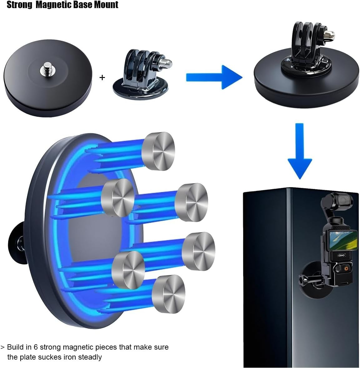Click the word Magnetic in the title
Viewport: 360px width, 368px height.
(x=54, y=4)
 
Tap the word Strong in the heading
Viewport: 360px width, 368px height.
(x=19, y=4)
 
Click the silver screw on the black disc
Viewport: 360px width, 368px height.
(x=48, y=69)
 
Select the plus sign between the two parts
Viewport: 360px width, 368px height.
(x=102, y=77)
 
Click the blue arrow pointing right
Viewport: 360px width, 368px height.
(x=214, y=77)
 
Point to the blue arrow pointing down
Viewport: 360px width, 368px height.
(x=300, y=151)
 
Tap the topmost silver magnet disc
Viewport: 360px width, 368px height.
(x=158, y=151)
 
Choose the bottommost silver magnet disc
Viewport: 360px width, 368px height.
(x=169, y=294)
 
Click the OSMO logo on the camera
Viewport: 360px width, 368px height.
(x=342, y=255)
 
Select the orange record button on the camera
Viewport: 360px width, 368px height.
(x=346, y=268)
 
